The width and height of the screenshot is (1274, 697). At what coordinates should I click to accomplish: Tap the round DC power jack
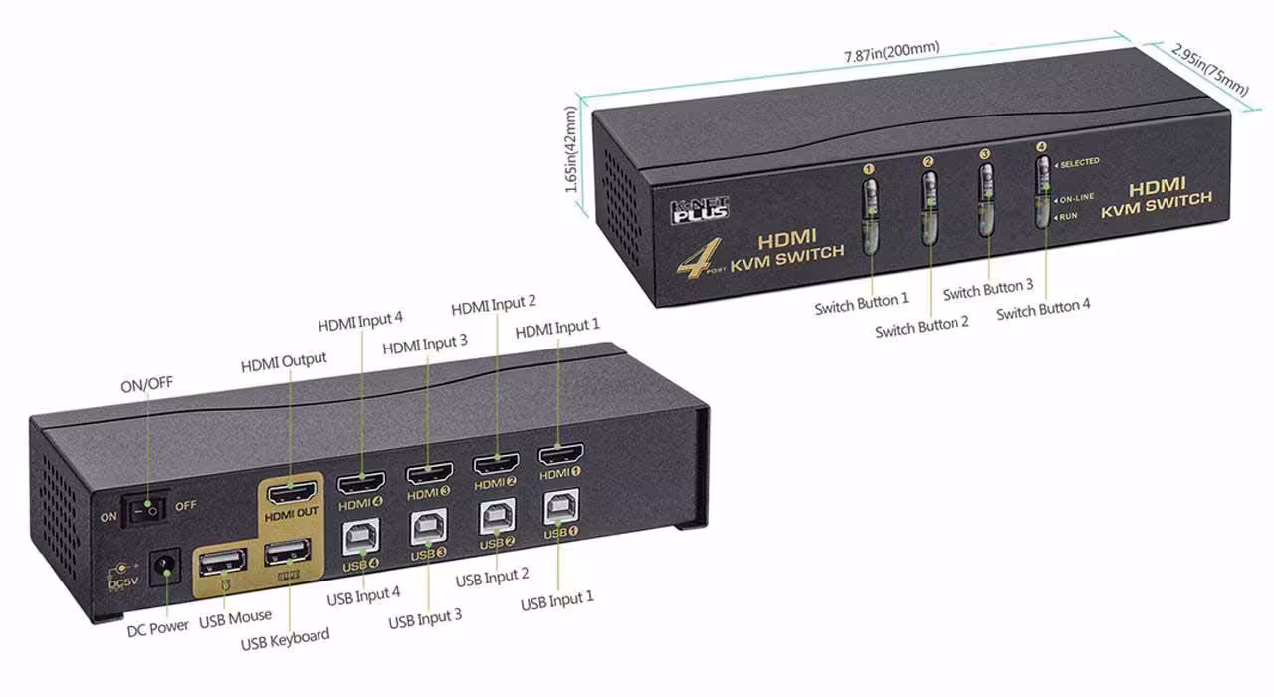point(163,569)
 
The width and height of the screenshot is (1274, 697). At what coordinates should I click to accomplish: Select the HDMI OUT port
point(290,493)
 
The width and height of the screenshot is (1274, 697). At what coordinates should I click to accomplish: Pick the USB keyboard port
point(287,556)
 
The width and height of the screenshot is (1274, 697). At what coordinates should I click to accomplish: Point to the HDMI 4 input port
point(362,485)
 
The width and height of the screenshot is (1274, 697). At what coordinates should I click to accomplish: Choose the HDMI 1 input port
point(561,456)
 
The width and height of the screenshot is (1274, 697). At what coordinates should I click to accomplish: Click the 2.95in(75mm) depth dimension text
point(1209,69)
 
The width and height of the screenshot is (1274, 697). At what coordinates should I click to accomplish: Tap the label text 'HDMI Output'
point(284,360)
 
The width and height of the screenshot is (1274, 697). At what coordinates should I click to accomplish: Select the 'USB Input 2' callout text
point(492,577)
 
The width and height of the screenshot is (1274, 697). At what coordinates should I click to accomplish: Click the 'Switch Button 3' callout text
point(988,290)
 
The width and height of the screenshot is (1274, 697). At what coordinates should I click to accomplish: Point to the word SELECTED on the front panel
point(1079,162)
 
